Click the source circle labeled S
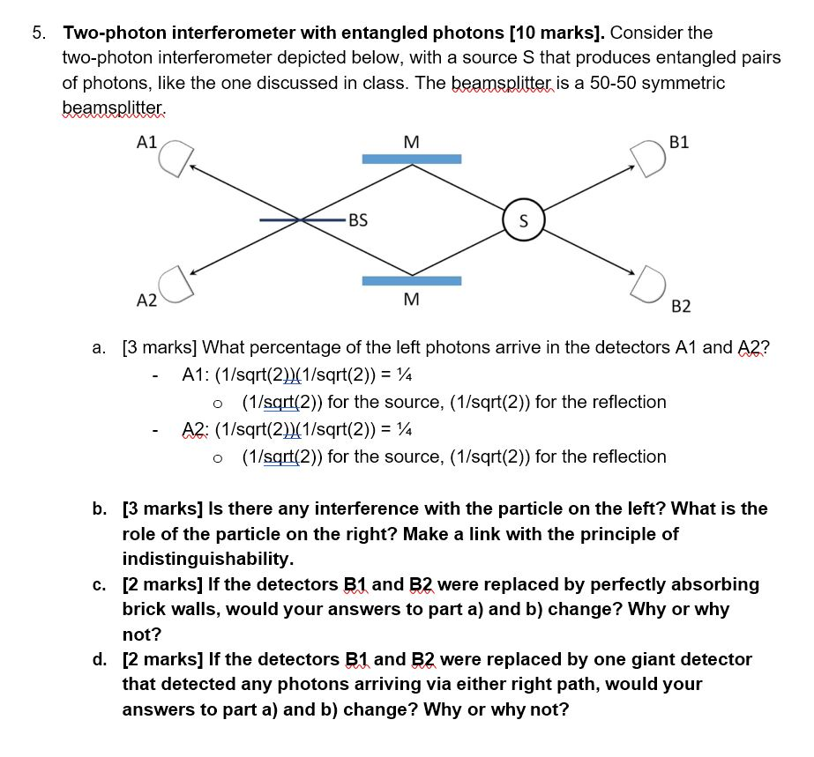tap(523, 220)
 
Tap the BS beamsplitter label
tap(357, 220)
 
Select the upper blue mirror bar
tap(412, 159)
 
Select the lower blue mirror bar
tap(412, 281)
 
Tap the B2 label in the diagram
tap(681, 306)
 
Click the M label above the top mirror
tap(410, 141)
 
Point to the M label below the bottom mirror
tap(411, 300)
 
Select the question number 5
tap(37, 33)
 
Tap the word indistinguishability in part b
tap(207, 559)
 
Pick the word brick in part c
tap(143, 609)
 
